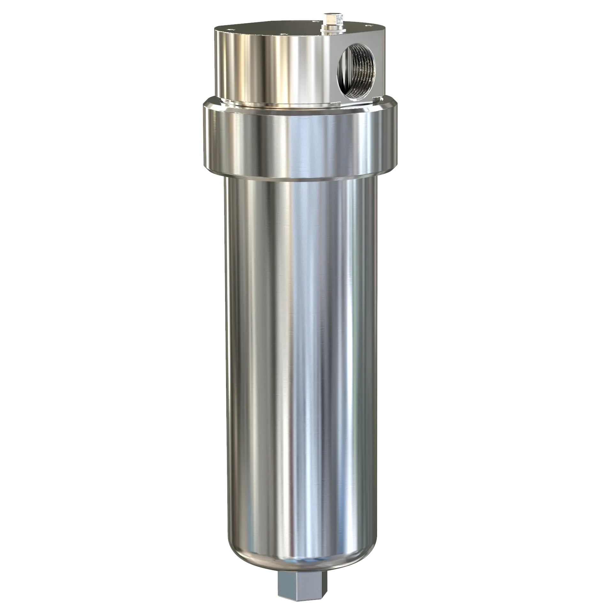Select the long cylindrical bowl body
300,351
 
